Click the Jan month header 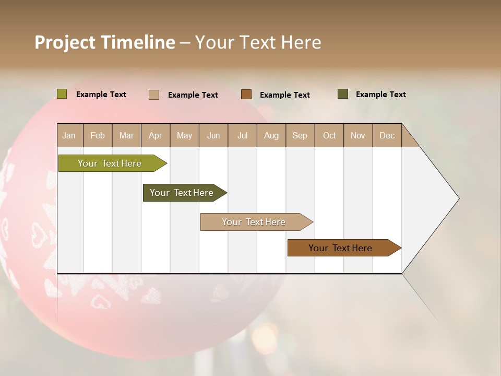click(x=69, y=135)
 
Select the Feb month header click(x=98, y=135)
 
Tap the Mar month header click(x=126, y=135)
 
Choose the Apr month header click(x=155, y=135)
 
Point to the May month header click(x=184, y=135)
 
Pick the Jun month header click(x=213, y=135)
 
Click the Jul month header click(x=242, y=135)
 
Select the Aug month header click(x=271, y=135)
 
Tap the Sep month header click(x=300, y=135)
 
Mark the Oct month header click(x=329, y=135)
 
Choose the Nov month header click(x=358, y=135)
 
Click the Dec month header click(x=387, y=135)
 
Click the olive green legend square click(x=62, y=94)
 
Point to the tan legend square click(x=154, y=95)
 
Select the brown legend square click(x=246, y=95)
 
